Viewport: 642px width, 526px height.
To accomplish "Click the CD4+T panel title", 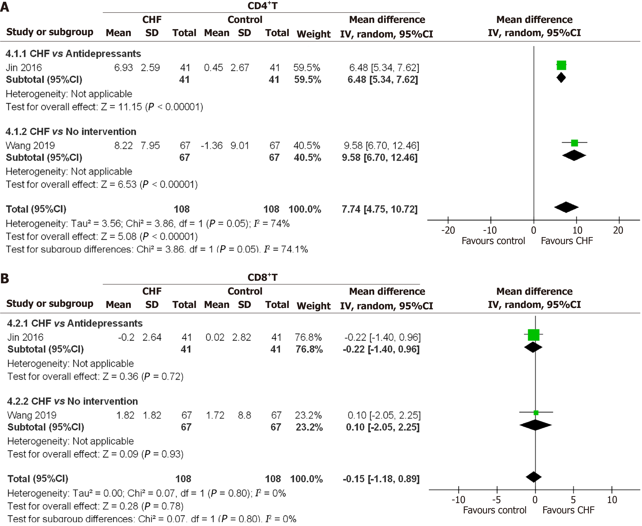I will pyautogui.click(x=262, y=6).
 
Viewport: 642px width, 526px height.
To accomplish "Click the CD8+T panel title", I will pyautogui.click(x=262, y=277).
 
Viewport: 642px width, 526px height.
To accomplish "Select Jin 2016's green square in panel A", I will pyautogui.click(x=561, y=65).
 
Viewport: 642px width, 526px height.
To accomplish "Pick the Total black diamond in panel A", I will pyautogui.click(x=566, y=207).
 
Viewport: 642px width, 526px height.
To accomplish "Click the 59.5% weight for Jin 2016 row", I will pyautogui.click(x=307, y=68).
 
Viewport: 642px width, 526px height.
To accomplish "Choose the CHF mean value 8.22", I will pyautogui.click(x=123, y=145).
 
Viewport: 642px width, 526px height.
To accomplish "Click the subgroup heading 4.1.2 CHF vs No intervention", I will pyautogui.click(x=71, y=131).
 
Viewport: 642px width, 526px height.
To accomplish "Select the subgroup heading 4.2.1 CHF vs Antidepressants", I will pyautogui.click(x=75, y=323).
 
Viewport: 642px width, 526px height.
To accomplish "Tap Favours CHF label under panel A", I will pyautogui.click(x=566, y=241).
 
